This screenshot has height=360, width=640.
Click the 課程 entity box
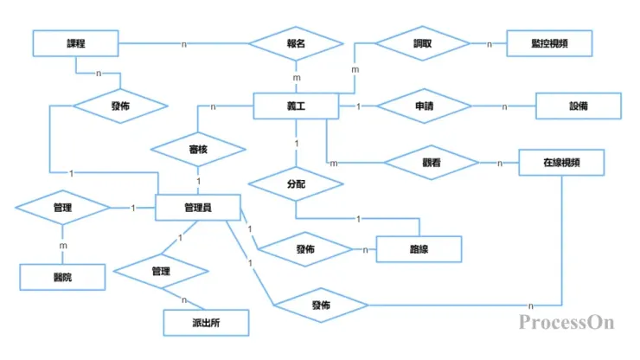click(75, 43)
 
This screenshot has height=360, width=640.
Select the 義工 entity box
click(296, 106)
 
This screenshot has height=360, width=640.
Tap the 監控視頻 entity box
click(549, 43)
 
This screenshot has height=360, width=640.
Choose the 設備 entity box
click(579, 106)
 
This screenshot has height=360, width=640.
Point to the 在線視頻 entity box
click(561, 162)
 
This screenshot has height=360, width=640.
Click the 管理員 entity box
click(198, 208)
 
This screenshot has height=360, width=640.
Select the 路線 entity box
click(419, 248)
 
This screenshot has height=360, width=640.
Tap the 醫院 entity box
click(62, 277)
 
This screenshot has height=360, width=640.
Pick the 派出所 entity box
click(207, 323)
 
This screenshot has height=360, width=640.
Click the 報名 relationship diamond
click(296, 43)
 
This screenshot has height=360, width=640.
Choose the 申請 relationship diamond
click(425, 106)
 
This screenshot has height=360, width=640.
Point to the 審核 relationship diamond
click(198, 148)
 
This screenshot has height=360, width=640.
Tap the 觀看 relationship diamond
click(430, 162)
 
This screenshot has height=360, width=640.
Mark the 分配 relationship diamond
click(296, 184)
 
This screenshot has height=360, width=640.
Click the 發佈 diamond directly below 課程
click(119, 106)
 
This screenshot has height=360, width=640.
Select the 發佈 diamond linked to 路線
click(305, 248)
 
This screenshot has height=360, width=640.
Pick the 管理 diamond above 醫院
click(62, 208)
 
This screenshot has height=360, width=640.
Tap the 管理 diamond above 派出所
click(161, 271)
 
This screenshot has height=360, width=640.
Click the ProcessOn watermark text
click(566, 323)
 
